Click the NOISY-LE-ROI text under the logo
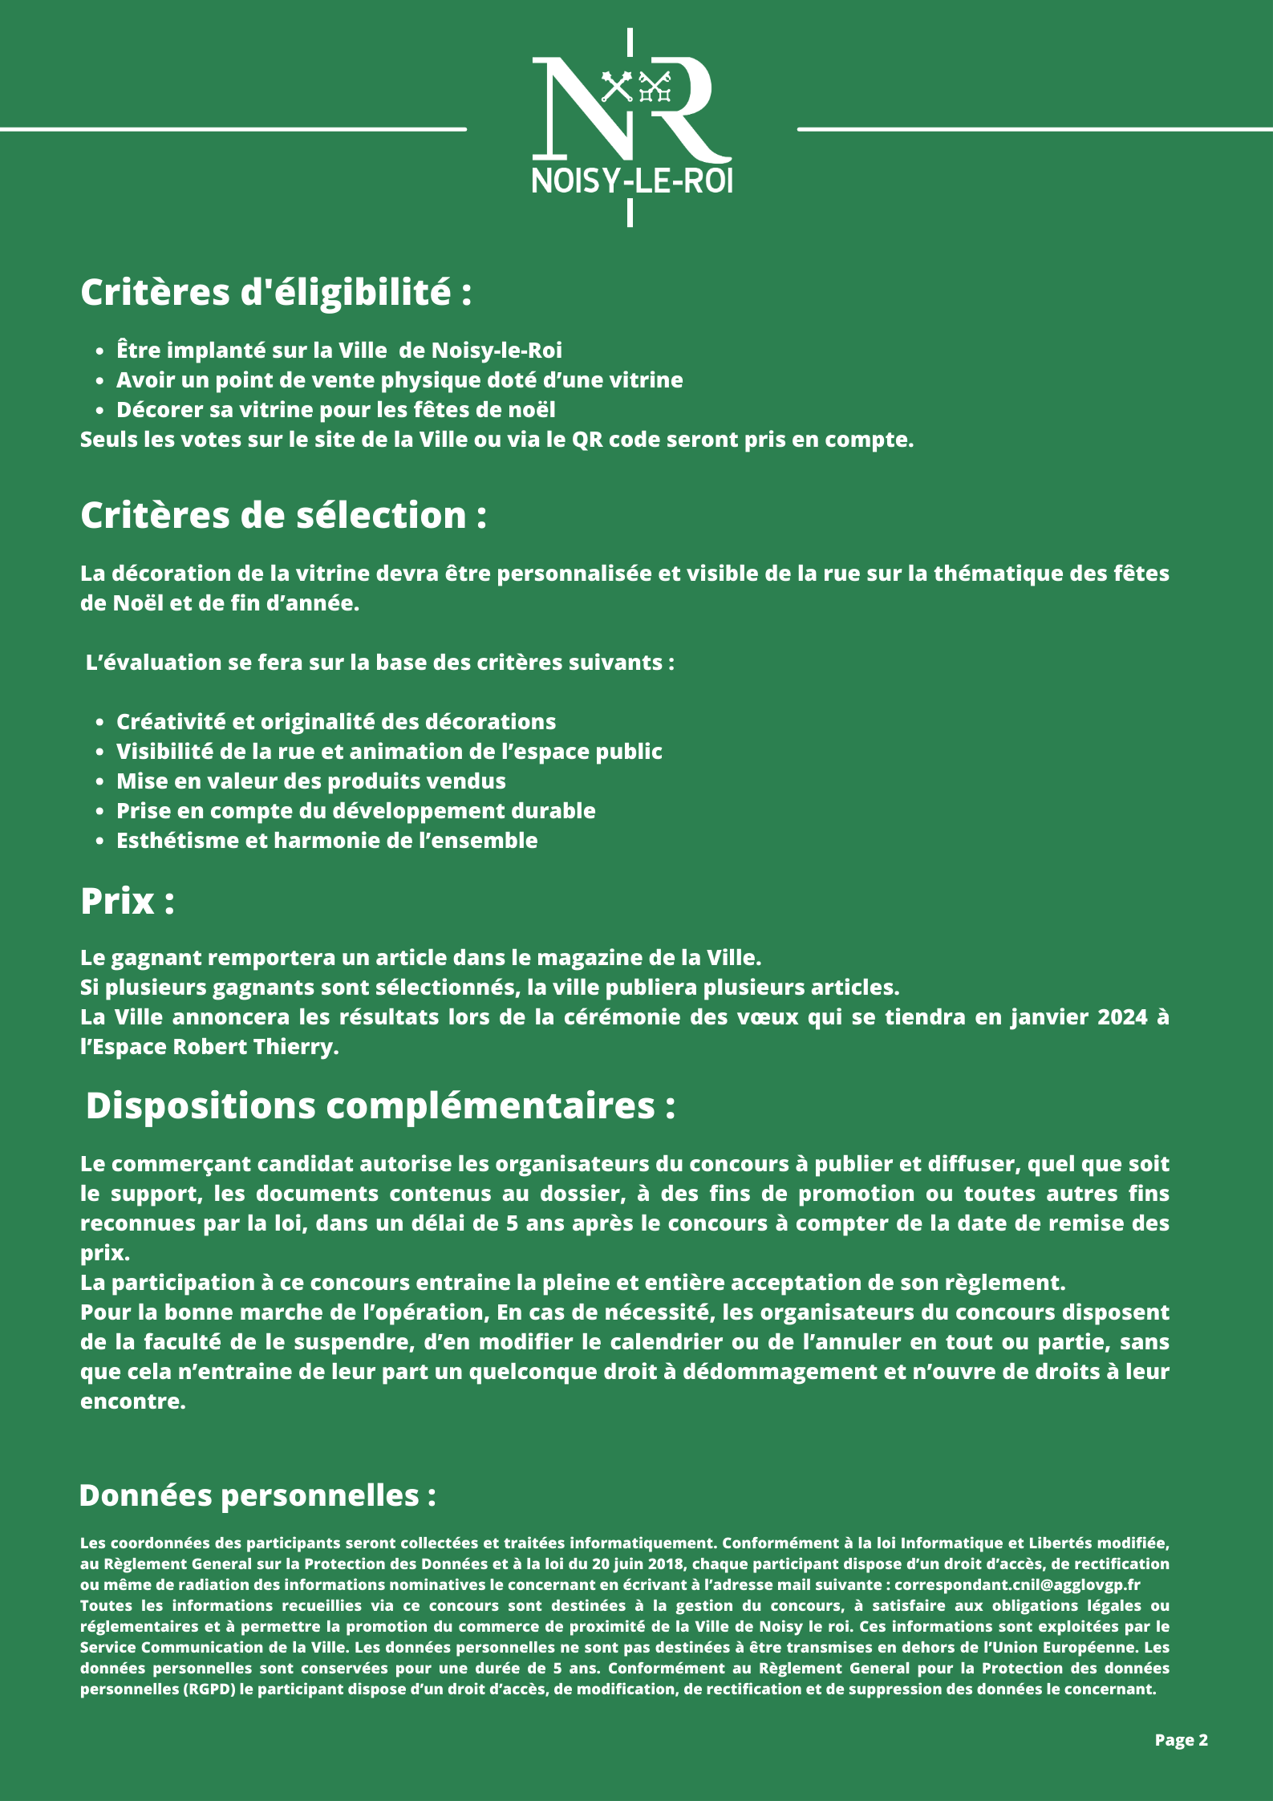(631, 181)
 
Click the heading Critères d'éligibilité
(276, 292)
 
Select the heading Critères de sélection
(283, 515)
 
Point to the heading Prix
(128, 901)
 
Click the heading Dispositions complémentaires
(380, 1105)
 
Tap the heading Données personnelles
(257, 1495)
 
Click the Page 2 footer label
(1181, 1739)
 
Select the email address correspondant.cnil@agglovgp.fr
(1017, 1584)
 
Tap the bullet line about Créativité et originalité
(336, 722)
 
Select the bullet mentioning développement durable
(355, 811)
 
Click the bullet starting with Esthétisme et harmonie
(326, 841)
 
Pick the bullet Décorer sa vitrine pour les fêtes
(335, 410)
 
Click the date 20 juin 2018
(638, 1564)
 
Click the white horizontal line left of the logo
(233, 128)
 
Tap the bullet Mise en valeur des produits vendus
(311, 781)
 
